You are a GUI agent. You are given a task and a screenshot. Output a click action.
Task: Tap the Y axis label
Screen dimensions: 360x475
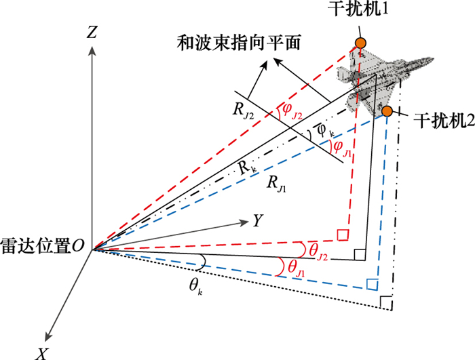[x=259, y=220]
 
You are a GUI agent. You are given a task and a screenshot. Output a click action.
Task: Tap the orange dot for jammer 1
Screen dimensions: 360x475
[x=361, y=43]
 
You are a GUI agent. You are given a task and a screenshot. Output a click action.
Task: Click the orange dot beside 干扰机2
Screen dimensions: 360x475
[x=387, y=111]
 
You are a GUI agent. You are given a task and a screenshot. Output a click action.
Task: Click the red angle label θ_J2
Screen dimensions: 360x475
[x=318, y=251]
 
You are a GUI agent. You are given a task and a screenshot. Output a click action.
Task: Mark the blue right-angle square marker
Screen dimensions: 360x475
[x=372, y=283]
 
